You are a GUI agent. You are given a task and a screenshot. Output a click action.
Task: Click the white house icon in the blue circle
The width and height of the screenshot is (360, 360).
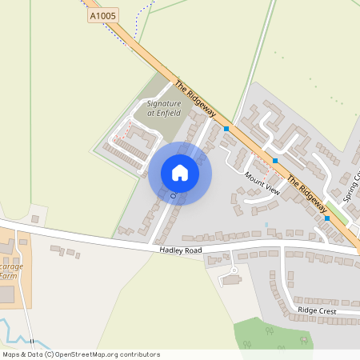[x=180, y=173]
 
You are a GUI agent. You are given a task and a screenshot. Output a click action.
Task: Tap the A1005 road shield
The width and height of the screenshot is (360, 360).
[x=102, y=15]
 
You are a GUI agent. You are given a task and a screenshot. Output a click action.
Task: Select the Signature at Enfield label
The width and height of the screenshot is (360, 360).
[x=164, y=109]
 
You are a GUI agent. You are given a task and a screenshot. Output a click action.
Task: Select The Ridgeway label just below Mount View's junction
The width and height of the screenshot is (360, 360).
[x=304, y=191]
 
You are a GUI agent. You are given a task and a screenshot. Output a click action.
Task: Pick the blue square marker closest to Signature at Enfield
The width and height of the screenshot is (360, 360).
[x=226, y=128]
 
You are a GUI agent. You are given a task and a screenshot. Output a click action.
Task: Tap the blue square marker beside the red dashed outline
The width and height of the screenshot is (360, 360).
[x=275, y=161]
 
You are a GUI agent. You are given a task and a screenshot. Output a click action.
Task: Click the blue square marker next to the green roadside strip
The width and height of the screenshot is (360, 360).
[x=327, y=218]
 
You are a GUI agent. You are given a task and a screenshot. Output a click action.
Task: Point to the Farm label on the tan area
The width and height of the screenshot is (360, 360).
[x=7, y=275]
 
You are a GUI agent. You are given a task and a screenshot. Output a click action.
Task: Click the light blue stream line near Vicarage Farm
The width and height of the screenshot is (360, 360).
[x=10, y=326]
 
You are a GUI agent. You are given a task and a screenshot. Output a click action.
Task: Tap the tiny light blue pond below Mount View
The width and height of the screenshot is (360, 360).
[x=266, y=223]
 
